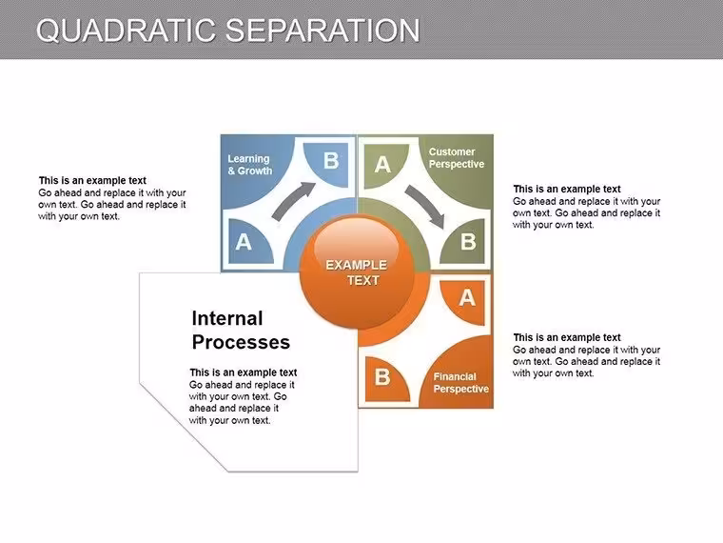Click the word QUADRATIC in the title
click(x=126, y=30)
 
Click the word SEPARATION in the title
click(x=322, y=30)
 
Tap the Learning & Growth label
click(x=250, y=165)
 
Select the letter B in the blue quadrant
click(x=331, y=161)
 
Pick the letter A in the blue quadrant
click(x=244, y=241)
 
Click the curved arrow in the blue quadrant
click(x=291, y=200)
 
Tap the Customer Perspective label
click(x=457, y=158)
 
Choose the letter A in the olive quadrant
click(x=382, y=165)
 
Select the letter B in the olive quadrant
click(x=468, y=241)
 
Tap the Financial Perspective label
click(x=460, y=383)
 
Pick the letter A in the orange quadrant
click(x=467, y=298)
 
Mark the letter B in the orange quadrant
click(x=382, y=377)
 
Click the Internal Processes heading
click(x=241, y=331)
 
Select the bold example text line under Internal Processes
click(x=243, y=372)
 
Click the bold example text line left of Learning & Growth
click(x=92, y=181)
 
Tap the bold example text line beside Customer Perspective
click(x=567, y=189)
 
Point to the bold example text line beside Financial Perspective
click(x=567, y=337)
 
